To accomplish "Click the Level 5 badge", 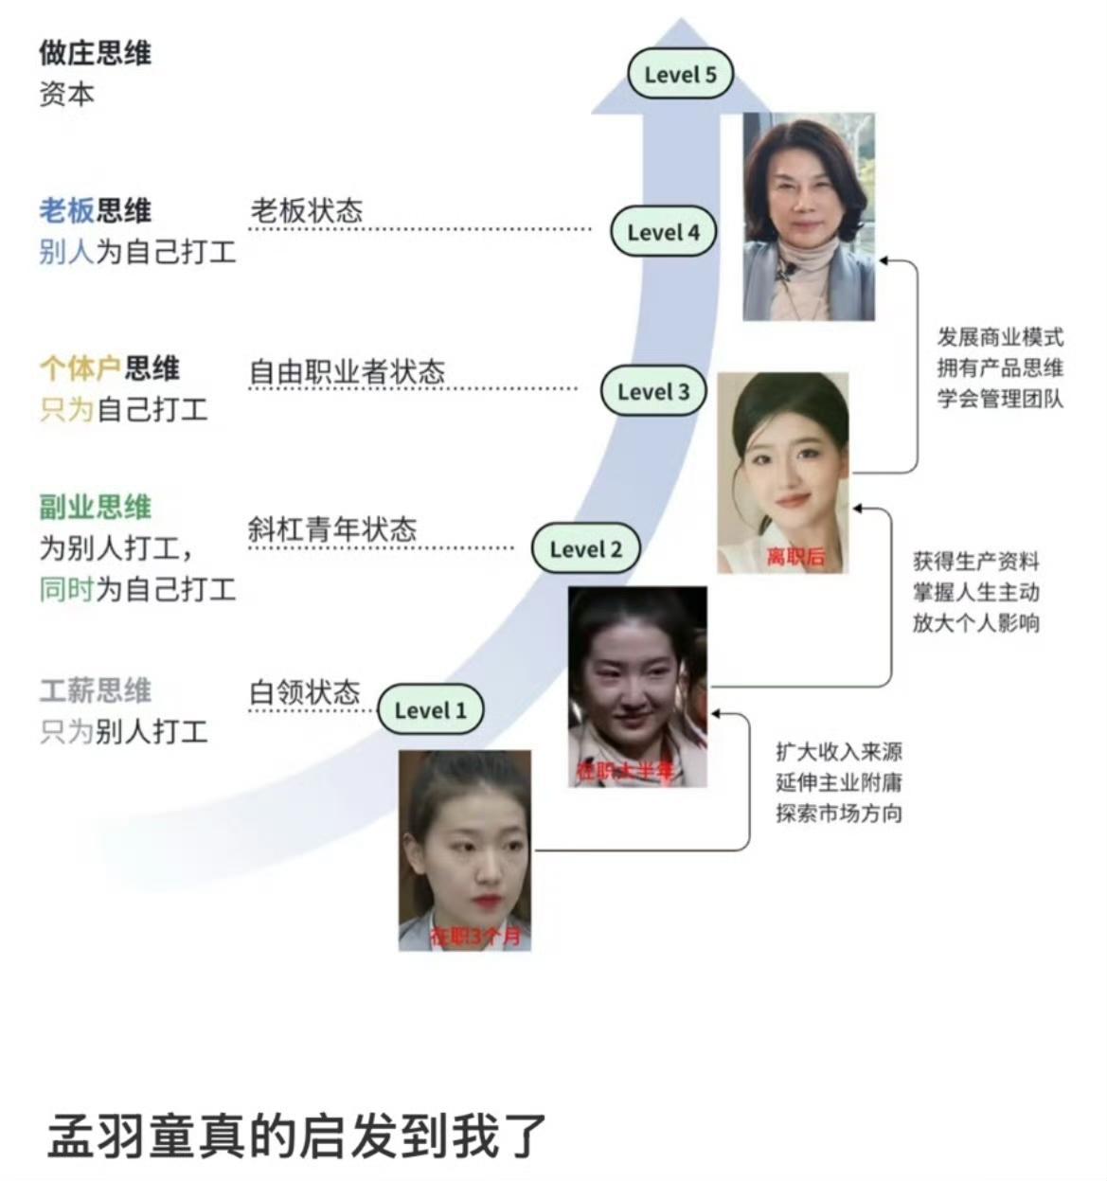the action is point(680,75).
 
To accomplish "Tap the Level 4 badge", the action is point(663,232).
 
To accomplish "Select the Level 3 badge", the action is point(653,391).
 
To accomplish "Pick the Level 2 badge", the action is point(585,549).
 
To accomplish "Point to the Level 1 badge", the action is point(430,710).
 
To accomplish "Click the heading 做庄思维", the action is point(95,53).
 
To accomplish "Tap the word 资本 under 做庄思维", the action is point(66,95).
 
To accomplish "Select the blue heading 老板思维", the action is point(95,210).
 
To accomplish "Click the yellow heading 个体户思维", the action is point(109,367).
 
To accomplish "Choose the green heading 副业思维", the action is point(95,508).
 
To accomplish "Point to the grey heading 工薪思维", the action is point(95,690).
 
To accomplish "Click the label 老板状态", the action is point(306,210).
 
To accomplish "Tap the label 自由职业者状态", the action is point(347,371).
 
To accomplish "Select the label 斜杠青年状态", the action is point(331,528).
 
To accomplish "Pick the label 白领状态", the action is point(304,692).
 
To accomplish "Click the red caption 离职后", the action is point(795,557).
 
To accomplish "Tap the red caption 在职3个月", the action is point(475,937).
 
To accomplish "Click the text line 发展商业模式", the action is point(1000,337).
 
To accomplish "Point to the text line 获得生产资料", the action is point(975,562).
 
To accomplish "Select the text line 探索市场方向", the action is point(838,813).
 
